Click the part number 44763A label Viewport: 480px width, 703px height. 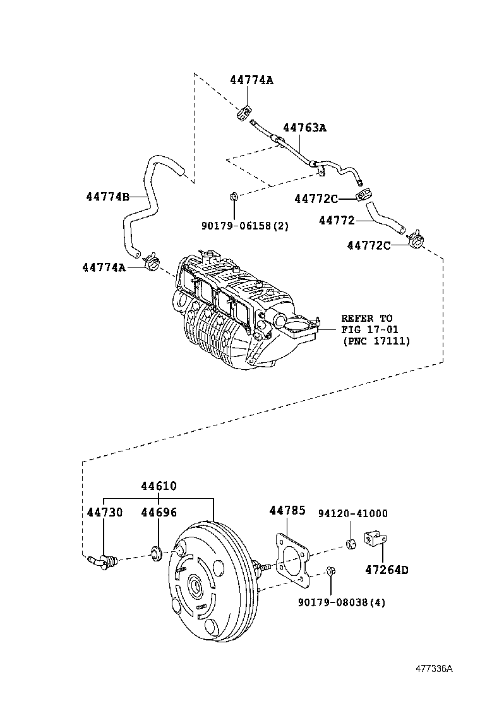[304, 127]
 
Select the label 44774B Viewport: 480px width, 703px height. [107, 197]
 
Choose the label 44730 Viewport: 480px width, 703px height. [104, 512]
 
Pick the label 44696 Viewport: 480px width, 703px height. [159, 512]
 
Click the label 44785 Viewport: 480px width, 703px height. [287, 510]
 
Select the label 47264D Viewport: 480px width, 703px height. [387, 570]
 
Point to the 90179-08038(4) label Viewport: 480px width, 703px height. [342, 602]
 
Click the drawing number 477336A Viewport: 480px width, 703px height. [434, 669]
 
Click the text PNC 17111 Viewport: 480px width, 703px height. [376, 341]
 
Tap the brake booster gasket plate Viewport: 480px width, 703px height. [291, 557]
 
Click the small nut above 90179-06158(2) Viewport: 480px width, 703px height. [233, 197]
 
